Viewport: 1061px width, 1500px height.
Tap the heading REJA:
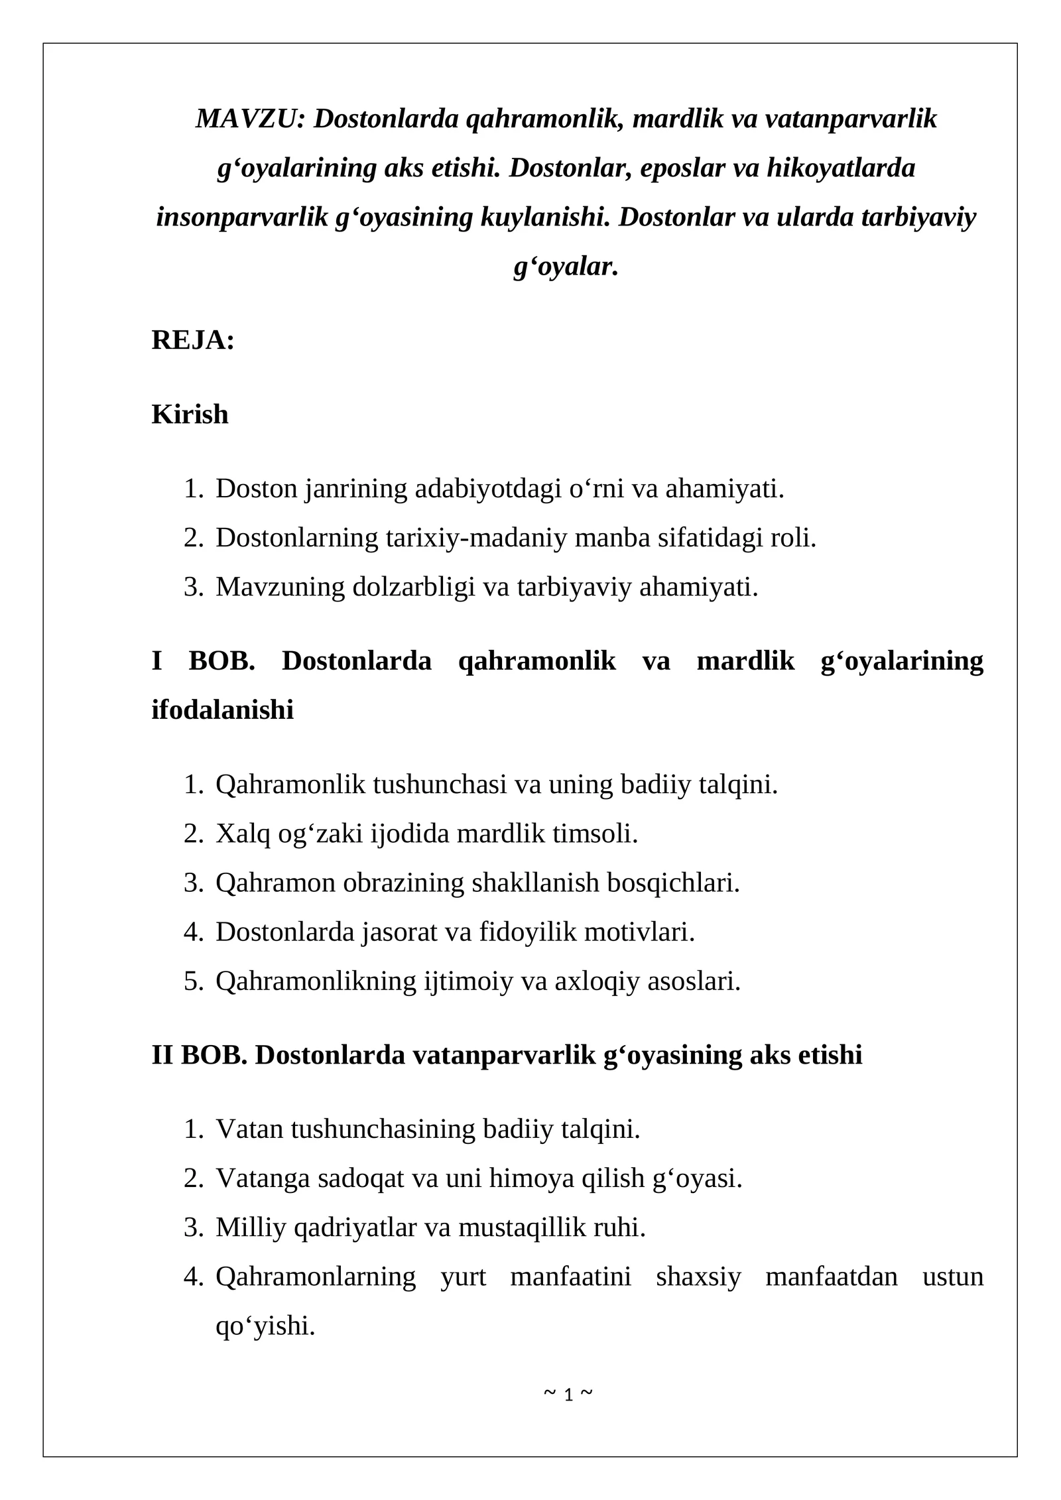193,340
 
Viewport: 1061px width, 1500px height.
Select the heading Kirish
190,414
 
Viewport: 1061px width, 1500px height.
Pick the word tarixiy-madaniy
476,538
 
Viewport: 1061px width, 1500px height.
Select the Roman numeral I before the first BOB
156,661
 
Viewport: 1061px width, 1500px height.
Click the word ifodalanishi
223,710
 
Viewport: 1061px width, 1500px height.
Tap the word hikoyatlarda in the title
841,168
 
